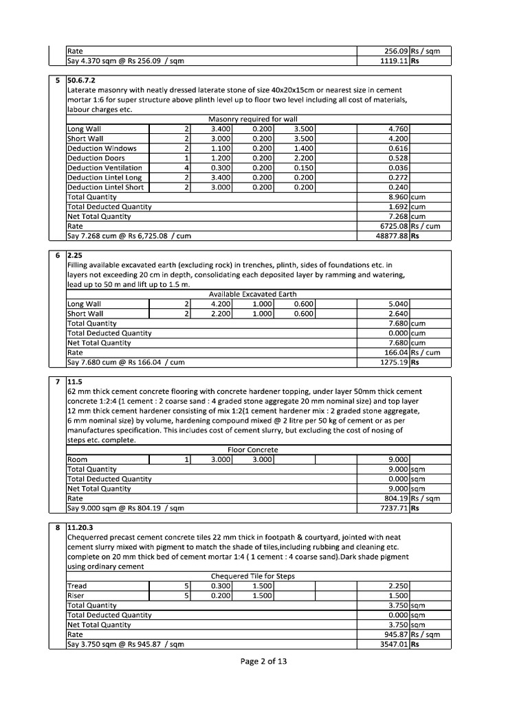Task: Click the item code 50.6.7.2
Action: coord(81,80)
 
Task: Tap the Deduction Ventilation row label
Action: coord(104,168)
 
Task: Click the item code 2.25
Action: coord(76,254)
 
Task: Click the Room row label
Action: coord(77,460)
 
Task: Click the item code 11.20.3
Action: coord(80,528)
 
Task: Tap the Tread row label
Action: coord(77,586)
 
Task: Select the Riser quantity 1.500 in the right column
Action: coord(398,596)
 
